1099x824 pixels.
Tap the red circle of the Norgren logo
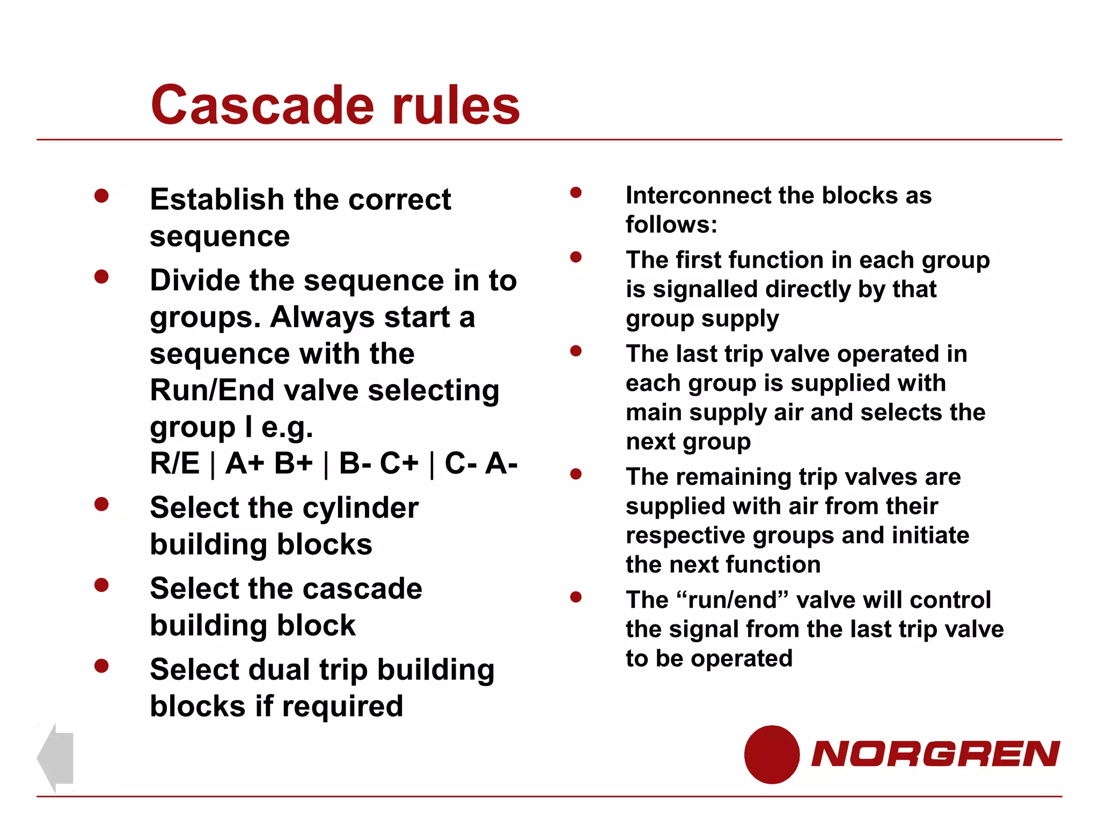pyautogui.click(x=772, y=754)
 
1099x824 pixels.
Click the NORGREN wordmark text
pyautogui.click(x=935, y=754)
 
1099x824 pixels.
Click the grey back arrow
pyautogui.click(x=55, y=757)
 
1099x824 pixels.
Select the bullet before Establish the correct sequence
pyautogui.click(x=101, y=196)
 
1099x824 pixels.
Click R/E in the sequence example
pyautogui.click(x=175, y=463)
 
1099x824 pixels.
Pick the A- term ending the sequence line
pyautogui.click(x=501, y=463)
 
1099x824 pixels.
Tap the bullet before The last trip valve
pyautogui.click(x=576, y=351)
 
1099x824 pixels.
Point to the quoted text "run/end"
pyautogui.click(x=733, y=600)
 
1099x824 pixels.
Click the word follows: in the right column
pyautogui.click(x=671, y=225)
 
